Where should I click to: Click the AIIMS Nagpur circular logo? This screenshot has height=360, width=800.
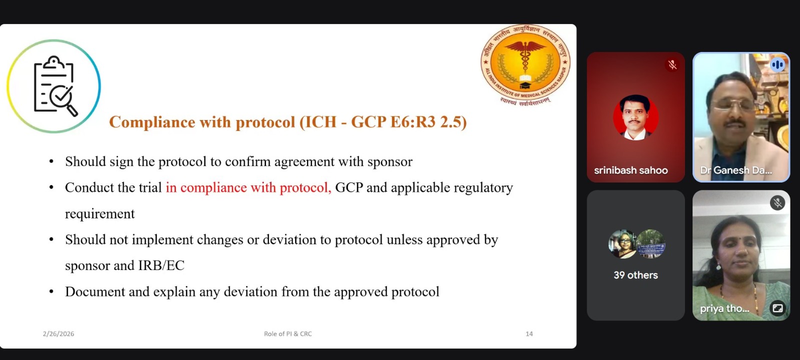(x=525, y=64)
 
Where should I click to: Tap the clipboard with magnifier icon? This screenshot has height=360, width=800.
(x=55, y=85)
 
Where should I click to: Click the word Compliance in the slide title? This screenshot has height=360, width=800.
(x=152, y=122)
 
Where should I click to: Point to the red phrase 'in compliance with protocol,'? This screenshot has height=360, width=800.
(x=248, y=187)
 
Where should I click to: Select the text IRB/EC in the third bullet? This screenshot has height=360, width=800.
(x=161, y=265)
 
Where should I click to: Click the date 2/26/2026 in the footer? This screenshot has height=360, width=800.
(x=58, y=333)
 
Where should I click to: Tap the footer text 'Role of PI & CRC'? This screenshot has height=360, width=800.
(x=288, y=333)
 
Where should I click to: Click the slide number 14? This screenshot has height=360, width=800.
(x=529, y=333)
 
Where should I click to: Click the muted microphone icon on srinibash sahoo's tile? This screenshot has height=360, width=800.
(x=672, y=64)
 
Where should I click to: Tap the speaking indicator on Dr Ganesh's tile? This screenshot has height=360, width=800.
(x=777, y=64)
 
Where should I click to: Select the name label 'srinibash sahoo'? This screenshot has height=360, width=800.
(x=630, y=170)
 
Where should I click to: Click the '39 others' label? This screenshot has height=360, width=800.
(x=635, y=275)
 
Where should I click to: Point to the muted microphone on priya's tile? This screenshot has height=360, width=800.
(x=777, y=203)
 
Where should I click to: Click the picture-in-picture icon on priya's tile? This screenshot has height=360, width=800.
(x=777, y=308)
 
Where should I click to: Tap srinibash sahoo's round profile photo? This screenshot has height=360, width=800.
(x=635, y=117)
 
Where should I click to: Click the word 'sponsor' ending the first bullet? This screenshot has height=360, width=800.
(x=390, y=162)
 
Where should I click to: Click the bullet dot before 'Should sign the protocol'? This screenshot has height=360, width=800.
(x=51, y=162)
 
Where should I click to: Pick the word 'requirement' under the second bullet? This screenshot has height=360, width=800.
(x=100, y=214)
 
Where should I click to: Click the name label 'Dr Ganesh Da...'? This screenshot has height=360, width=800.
(x=735, y=170)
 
